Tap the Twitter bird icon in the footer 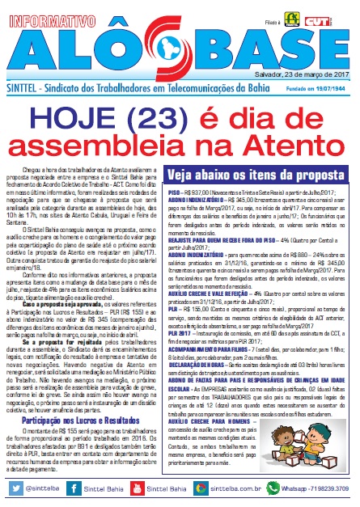point(10,489)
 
